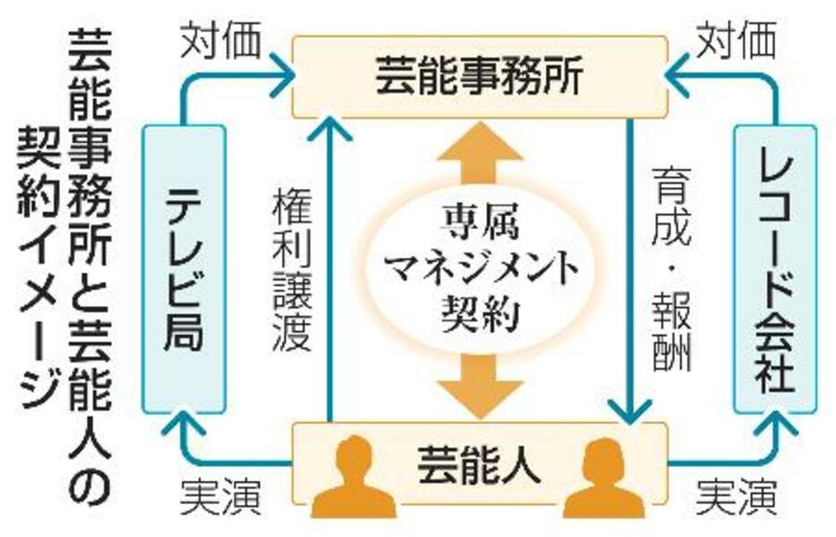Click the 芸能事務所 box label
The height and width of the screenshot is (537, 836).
tap(478, 79)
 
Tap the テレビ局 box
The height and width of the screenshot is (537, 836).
tap(184, 269)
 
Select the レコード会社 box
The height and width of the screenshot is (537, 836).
tap(775, 269)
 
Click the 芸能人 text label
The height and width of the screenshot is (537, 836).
tap(478, 465)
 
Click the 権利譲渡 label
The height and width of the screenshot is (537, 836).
tap(292, 271)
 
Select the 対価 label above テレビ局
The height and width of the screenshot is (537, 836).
tap(221, 39)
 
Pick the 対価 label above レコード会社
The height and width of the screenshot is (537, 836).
tap(736, 39)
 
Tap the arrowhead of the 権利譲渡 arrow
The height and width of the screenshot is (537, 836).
tap(329, 128)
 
